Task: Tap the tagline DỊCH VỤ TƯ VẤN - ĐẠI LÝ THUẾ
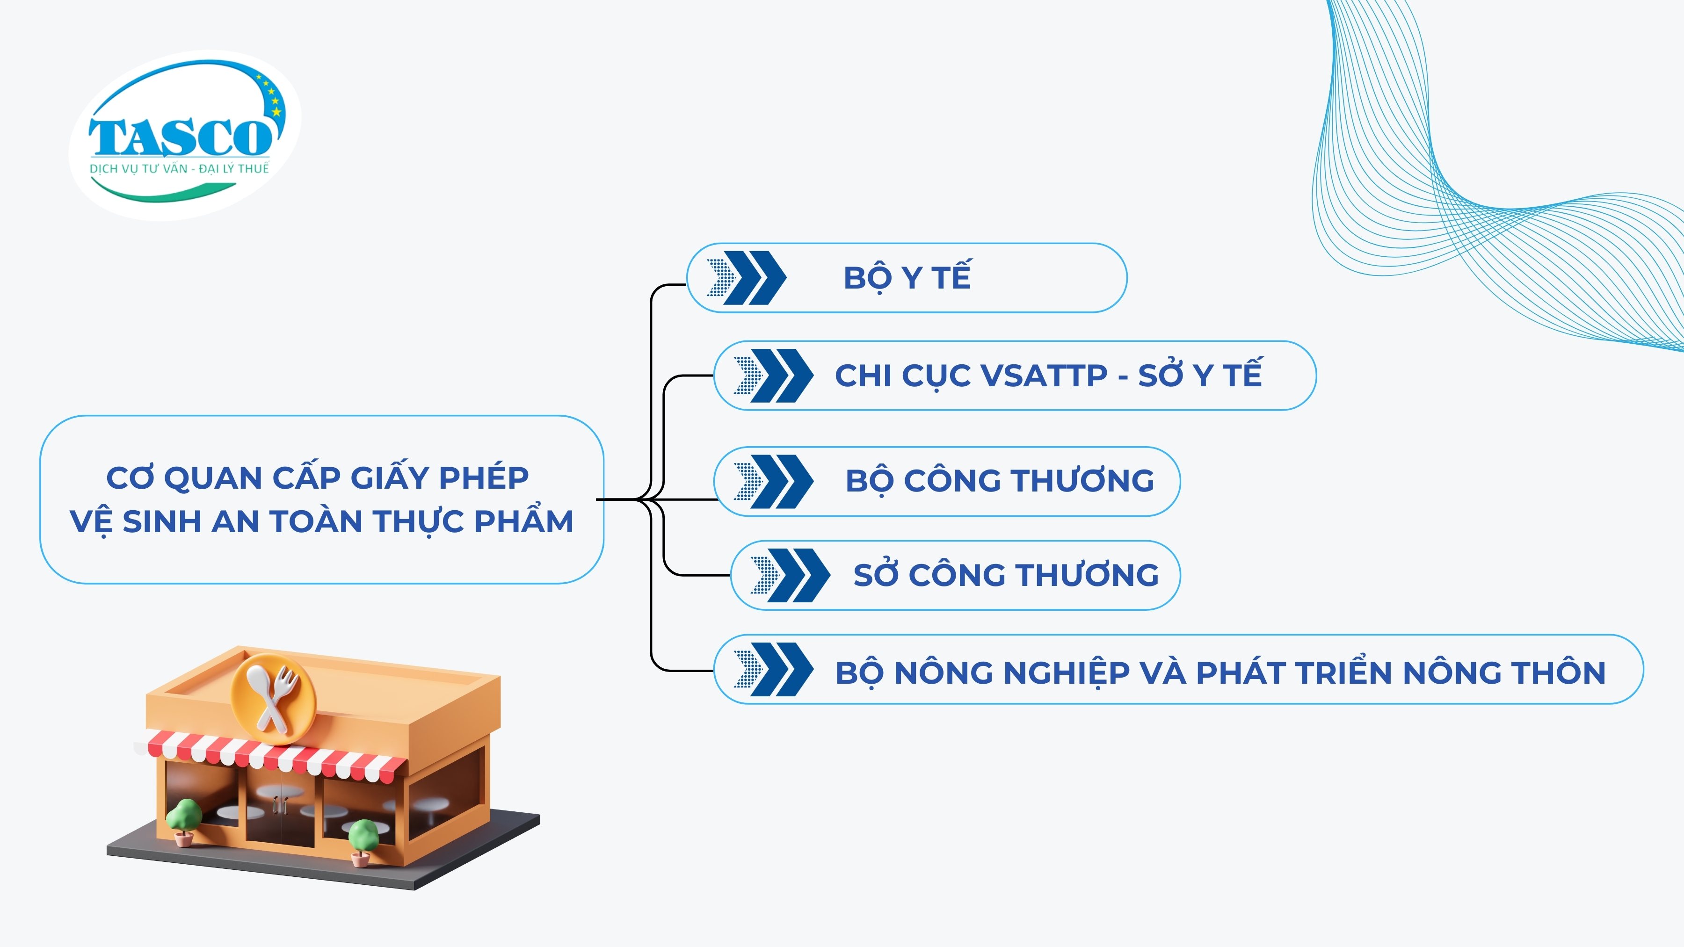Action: (179, 169)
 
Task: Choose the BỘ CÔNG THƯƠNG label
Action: (1000, 481)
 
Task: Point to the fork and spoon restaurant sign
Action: (273, 698)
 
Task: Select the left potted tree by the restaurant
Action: (184, 821)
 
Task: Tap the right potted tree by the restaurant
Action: (363, 842)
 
